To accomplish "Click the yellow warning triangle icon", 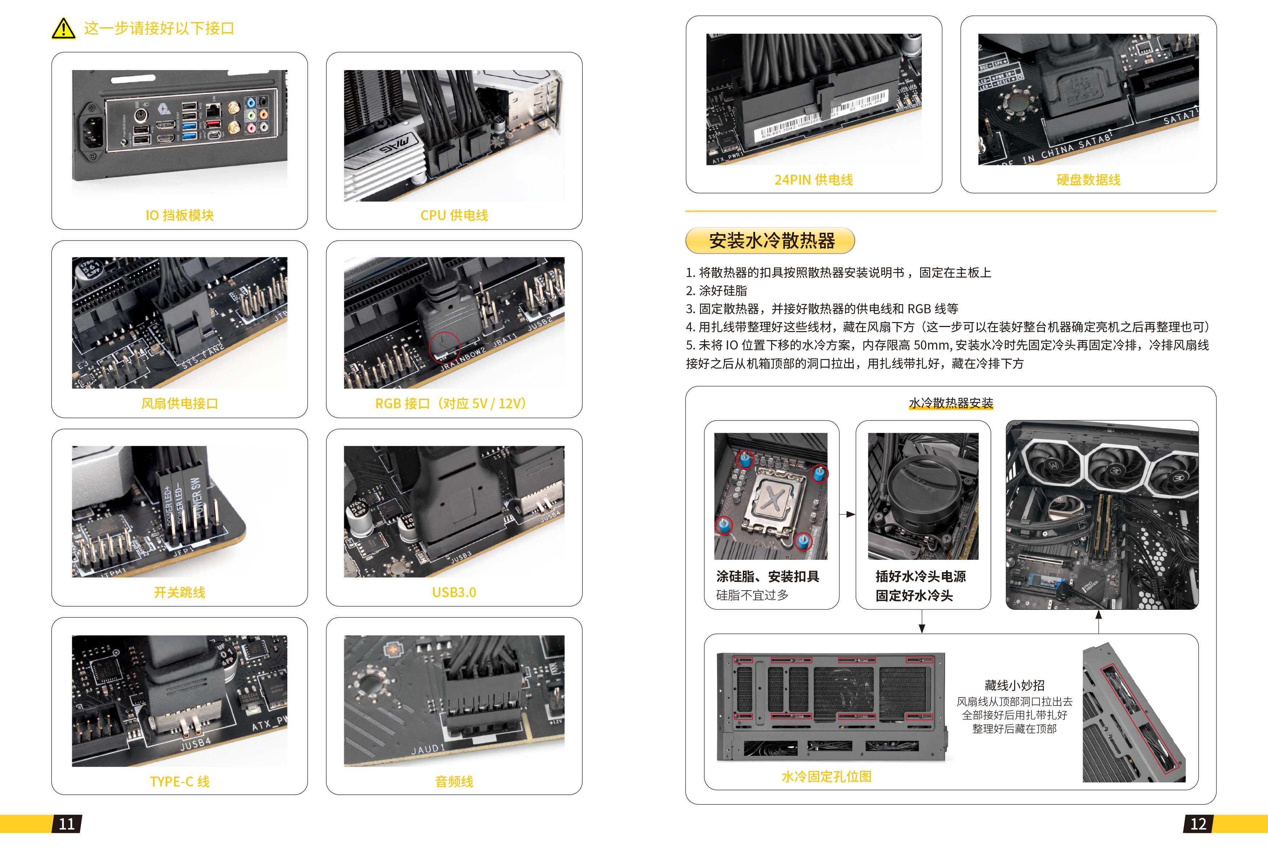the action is (x=63, y=28).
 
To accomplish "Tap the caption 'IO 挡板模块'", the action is (x=180, y=215).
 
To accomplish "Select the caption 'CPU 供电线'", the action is (x=454, y=215).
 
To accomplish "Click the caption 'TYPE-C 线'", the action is (x=180, y=781).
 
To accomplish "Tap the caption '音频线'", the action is (x=454, y=781).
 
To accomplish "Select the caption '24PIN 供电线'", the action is (x=814, y=180).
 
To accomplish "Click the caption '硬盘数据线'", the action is (x=1088, y=180).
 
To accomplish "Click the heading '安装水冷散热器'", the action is (x=772, y=241).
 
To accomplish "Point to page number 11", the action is (x=67, y=824).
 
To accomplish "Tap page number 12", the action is (x=1198, y=824).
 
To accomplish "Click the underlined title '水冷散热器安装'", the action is (x=951, y=403).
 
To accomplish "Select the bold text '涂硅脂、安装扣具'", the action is (x=767, y=576).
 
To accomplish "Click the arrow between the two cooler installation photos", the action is (x=847, y=514).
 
